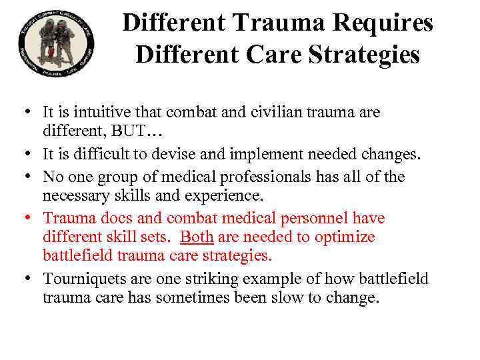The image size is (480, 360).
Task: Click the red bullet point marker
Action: point(32,219)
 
